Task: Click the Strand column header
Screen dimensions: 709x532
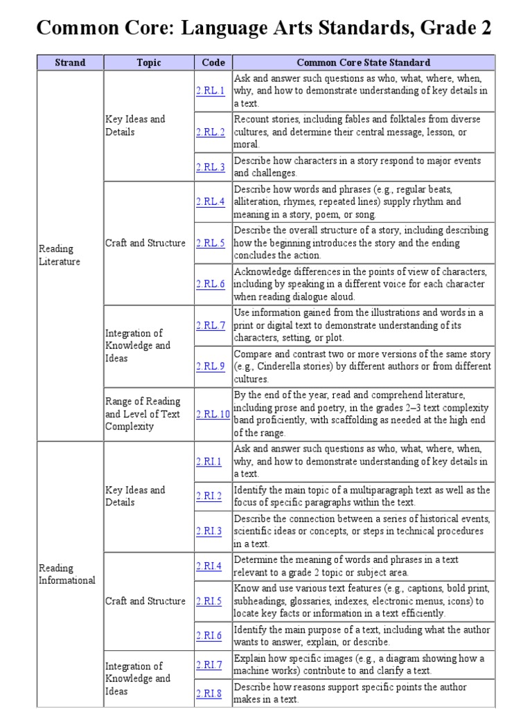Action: tap(70, 62)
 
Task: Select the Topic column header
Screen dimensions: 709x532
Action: tap(148, 62)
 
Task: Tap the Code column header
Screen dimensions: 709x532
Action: tap(213, 62)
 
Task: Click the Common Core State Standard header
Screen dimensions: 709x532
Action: tap(364, 62)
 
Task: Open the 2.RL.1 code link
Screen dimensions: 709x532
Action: tap(211, 91)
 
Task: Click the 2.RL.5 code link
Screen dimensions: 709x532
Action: tap(211, 243)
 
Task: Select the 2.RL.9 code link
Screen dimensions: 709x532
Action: tap(211, 366)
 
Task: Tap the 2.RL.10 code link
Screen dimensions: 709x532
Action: tap(213, 414)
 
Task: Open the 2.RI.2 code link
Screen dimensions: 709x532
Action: tap(209, 496)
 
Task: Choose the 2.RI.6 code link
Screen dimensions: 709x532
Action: tap(209, 636)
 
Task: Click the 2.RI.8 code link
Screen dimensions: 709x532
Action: tap(209, 693)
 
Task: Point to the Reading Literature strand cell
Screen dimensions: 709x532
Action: tap(60, 255)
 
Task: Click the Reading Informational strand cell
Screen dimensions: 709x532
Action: tap(66, 574)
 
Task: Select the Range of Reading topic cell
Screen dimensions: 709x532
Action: tap(143, 414)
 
